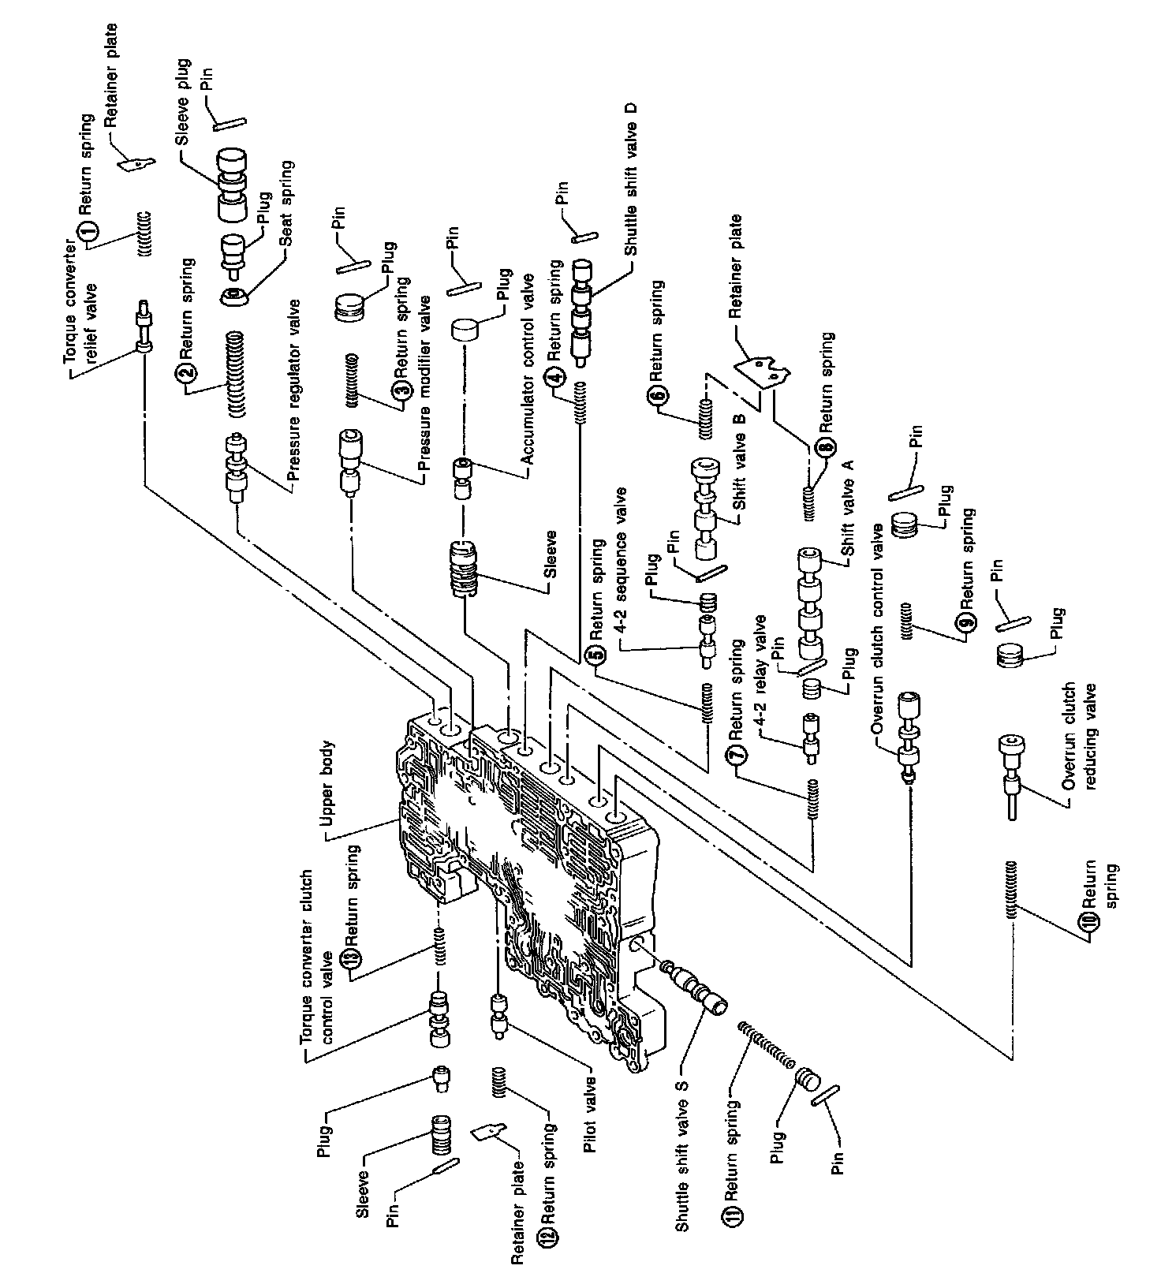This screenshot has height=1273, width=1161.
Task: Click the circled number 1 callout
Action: pos(88,231)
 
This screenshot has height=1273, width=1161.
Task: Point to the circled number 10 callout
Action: pos(1088,922)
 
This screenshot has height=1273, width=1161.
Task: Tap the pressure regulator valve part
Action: pos(235,474)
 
